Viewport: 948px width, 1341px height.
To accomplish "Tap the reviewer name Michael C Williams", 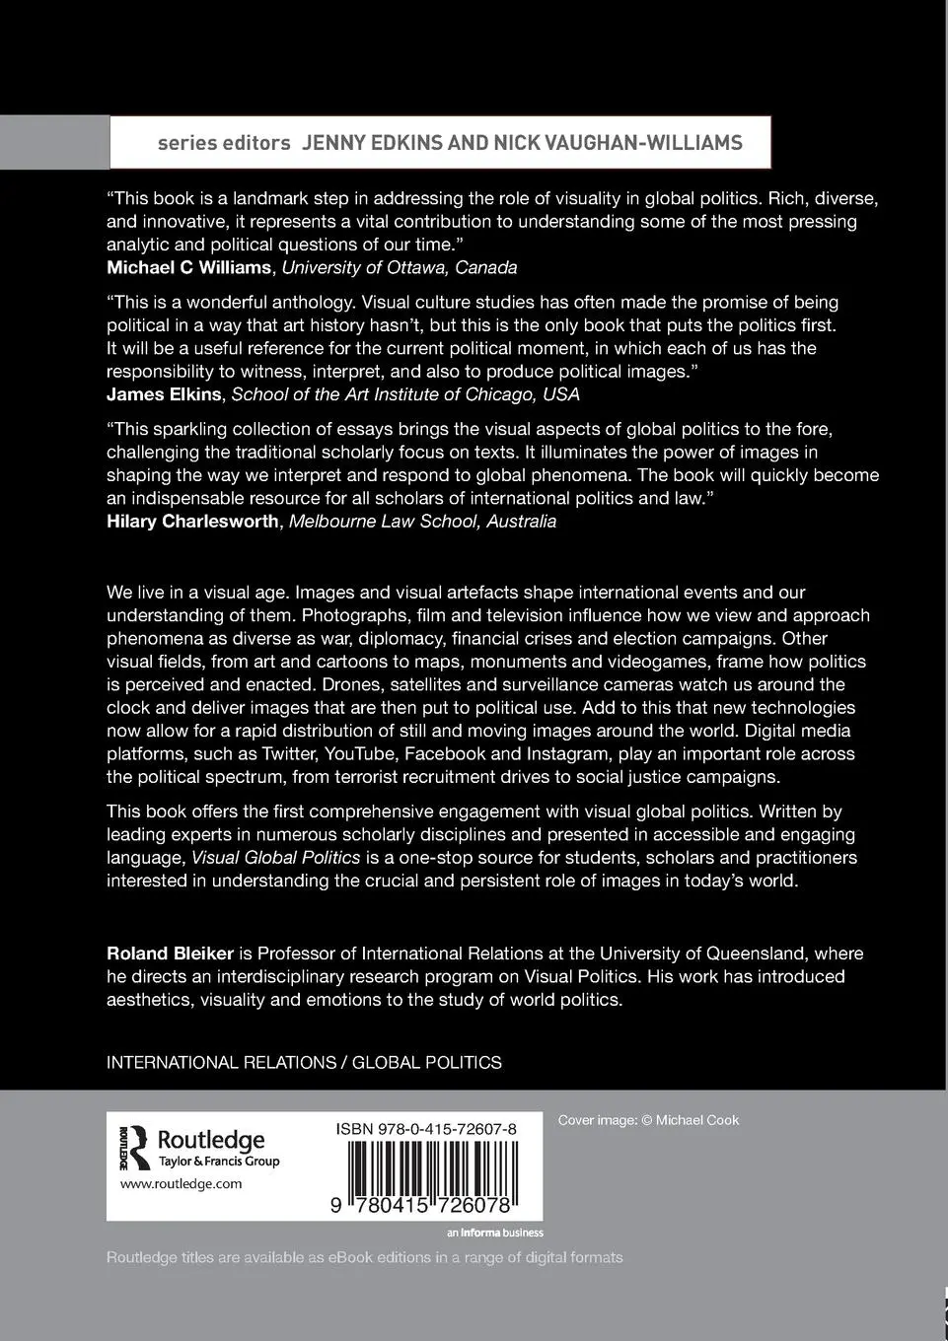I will [x=188, y=267].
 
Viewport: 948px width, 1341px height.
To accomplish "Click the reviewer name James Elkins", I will [x=164, y=394].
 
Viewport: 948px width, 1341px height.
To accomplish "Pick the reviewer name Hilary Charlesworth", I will [x=192, y=522].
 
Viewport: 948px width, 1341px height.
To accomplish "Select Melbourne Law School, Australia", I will [x=422, y=522].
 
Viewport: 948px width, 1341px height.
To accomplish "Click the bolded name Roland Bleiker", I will [x=170, y=953].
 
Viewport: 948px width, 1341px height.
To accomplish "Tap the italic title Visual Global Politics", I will [x=275, y=858].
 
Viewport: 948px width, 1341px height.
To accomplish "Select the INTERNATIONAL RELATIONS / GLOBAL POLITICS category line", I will [x=304, y=1063].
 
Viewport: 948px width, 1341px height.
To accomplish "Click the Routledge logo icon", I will [x=133, y=1149].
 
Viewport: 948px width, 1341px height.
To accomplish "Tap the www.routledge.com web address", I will [x=181, y=1184].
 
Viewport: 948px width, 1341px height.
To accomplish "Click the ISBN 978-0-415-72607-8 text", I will [x=426, y=1129].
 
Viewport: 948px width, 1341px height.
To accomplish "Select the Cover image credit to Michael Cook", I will [x=648, y=1120].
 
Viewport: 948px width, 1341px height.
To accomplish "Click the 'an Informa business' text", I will [x=494, y=1233].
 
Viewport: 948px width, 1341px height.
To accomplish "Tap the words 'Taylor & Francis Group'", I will [x=219, y=1162].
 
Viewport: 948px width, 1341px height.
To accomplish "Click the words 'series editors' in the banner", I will [x=224, y=143].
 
